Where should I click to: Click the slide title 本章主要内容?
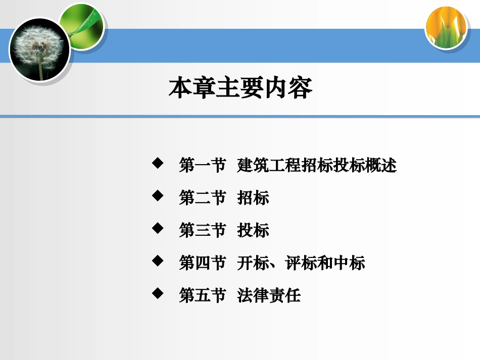241,88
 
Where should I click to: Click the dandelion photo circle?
39,49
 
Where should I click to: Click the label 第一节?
202,165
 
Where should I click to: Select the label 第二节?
202,198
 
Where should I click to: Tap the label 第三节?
202,230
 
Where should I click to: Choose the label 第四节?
202,263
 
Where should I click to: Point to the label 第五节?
202,295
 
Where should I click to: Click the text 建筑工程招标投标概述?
317,165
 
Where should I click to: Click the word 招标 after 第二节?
253,198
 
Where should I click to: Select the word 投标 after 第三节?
253,230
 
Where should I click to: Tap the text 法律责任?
269,295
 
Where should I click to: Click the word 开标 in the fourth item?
253,263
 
